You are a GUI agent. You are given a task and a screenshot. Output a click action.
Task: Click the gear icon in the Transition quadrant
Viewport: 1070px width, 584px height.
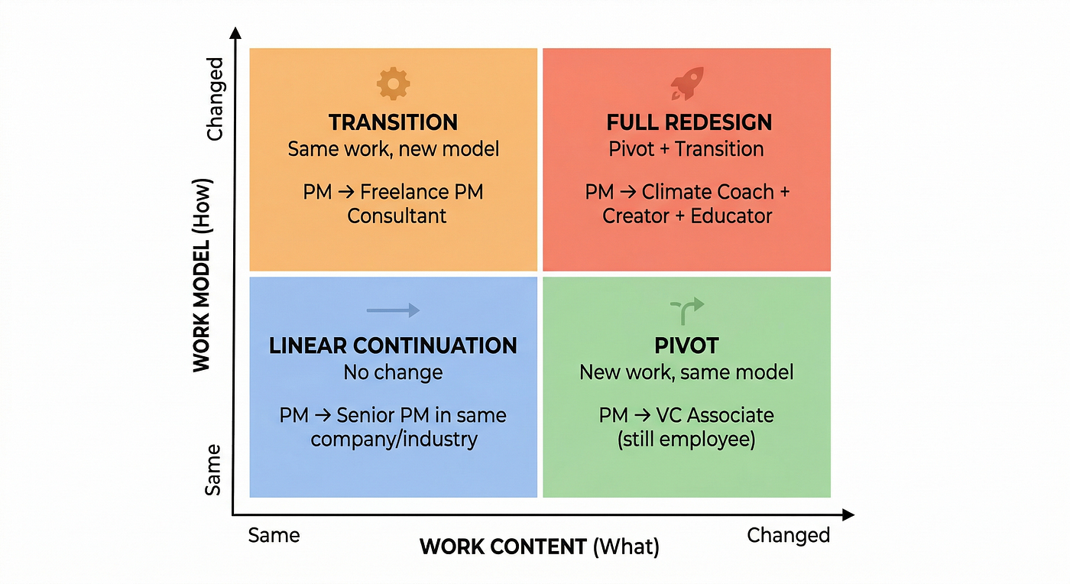393,83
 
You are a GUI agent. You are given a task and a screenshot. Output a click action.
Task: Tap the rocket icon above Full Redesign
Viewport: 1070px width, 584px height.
687,83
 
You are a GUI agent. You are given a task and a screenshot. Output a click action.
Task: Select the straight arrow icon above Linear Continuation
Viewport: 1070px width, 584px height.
393,310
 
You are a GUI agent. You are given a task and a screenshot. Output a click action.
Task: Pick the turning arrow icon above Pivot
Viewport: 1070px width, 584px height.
687,310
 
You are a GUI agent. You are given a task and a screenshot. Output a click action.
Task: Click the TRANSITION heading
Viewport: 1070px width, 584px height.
393,122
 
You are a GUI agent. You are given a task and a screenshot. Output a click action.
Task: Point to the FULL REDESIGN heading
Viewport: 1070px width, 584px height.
689,122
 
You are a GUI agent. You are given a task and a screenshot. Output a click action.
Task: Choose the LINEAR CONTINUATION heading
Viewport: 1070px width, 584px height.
393,346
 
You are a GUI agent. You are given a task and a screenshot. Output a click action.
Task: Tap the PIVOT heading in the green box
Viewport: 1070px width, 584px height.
686,346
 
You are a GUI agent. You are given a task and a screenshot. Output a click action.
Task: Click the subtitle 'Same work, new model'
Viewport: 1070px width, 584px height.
393,149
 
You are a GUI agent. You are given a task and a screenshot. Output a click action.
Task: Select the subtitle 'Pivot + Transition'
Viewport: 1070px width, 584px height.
686,149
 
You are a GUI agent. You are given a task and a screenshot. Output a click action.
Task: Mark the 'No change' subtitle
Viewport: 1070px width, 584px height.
393,372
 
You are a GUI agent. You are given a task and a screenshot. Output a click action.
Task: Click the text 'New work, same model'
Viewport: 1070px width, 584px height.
686,372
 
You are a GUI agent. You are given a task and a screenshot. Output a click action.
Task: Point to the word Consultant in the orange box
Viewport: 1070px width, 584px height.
397,216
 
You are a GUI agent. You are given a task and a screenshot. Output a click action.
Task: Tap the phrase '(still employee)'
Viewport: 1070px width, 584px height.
686,440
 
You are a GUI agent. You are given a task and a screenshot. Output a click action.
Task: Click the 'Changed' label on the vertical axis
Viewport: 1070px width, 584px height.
215,99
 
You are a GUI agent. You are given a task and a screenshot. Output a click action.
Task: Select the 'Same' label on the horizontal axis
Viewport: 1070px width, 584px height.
274,535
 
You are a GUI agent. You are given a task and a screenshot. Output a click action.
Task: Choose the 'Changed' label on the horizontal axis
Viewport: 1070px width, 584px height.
789,536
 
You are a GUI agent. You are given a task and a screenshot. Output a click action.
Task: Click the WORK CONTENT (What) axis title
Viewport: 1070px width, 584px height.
540,547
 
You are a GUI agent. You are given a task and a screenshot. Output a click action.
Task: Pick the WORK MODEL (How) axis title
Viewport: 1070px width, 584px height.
202,275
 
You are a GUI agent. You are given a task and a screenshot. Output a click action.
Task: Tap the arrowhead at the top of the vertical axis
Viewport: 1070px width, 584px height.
235,33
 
